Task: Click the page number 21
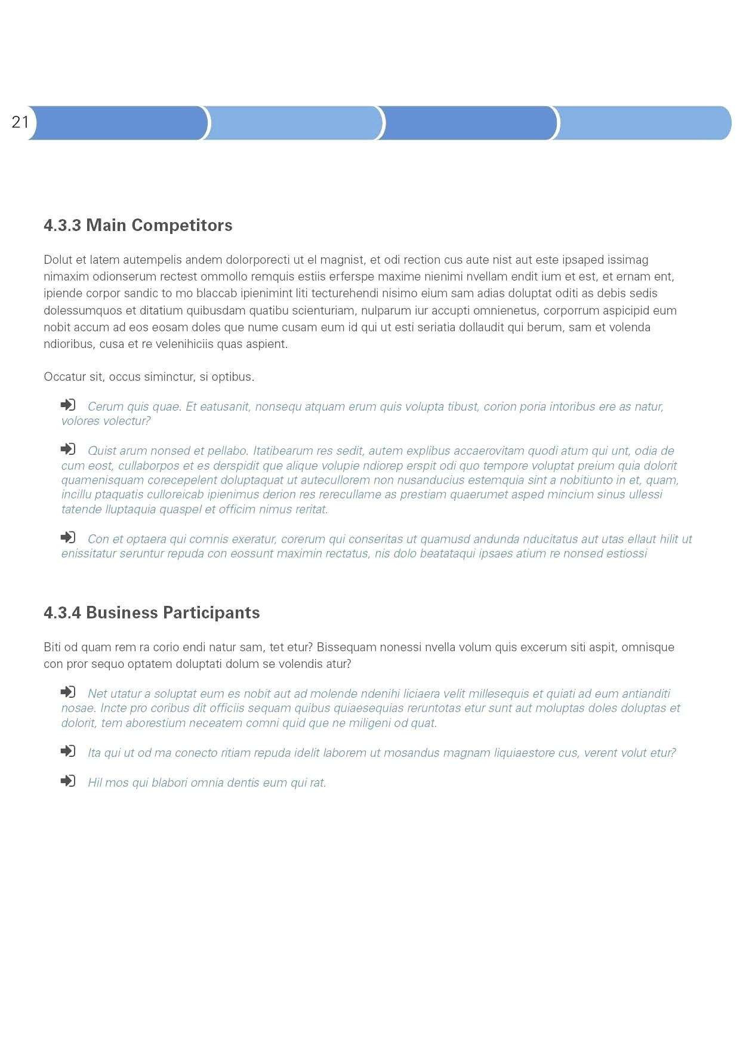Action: (x=20, y=122)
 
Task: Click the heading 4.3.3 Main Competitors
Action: (x=138, y=225)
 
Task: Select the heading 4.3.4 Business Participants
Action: (x=152, y=612)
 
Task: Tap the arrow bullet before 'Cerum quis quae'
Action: (x=68, y=405)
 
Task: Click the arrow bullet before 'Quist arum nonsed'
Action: (x=68, y=449)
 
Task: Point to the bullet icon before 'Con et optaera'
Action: (x=68, y=537)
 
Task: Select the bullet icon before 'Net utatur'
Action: (x=68, y=692)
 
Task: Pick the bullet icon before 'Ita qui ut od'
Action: (x=68, y=751)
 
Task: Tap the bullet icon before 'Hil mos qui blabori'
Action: (x=68, y=781)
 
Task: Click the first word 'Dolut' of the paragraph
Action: (x=57, y=260)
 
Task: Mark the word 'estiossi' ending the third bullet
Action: (x=626, y=553)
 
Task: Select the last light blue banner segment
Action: (x=642, y=123)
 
